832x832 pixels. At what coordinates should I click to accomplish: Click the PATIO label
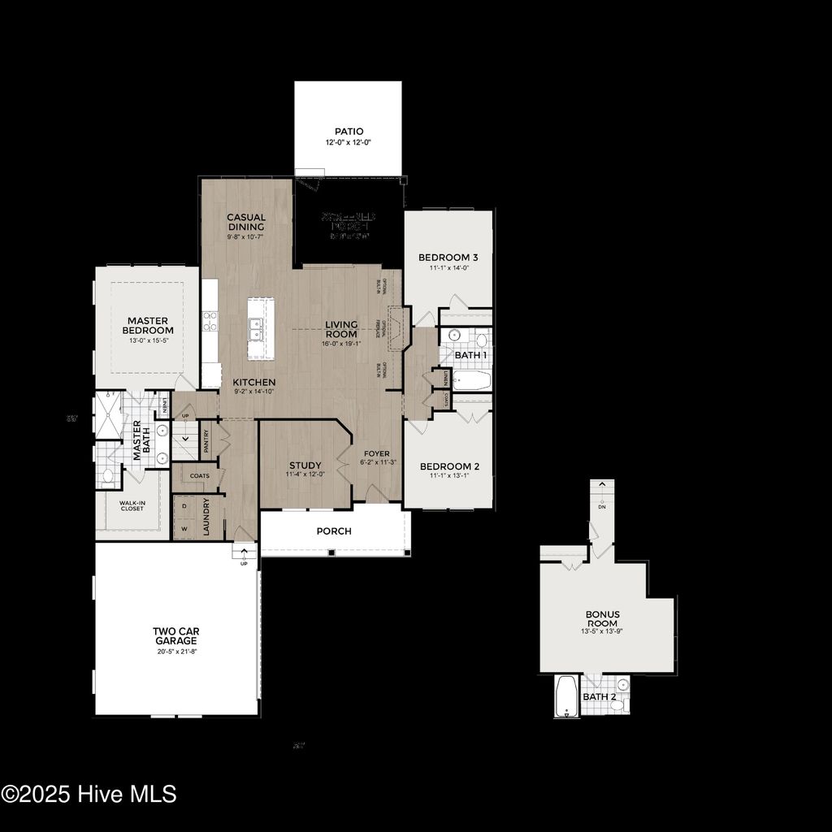[349, 131]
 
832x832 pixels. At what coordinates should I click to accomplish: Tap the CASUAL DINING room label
[246, 222]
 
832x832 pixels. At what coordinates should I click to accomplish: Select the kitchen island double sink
[256, 328]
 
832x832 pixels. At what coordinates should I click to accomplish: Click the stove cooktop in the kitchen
[210, 322]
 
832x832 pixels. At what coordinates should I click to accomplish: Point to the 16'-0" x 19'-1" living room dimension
[341, 344]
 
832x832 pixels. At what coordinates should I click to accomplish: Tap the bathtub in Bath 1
[470, 380]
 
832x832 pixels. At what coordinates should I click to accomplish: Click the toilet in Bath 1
[481, 340]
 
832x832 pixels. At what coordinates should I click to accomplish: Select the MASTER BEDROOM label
[148, 325]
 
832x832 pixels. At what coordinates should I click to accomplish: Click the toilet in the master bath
[108, 475]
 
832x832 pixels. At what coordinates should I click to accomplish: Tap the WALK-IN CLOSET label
[132, 506]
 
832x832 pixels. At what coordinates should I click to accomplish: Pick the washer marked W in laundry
[184, 527]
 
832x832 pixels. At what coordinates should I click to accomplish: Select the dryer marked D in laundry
[184, 505]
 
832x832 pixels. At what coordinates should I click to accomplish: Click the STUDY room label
[305, 466]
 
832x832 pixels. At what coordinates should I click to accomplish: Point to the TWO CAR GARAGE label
[175, 635]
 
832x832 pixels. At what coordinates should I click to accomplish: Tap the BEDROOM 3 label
[448, 258]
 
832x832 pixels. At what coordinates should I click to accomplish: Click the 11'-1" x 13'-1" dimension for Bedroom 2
[448, 477]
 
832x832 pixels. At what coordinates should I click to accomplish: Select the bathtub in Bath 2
[565, 696]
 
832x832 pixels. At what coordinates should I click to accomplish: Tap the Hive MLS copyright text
[89, 794]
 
